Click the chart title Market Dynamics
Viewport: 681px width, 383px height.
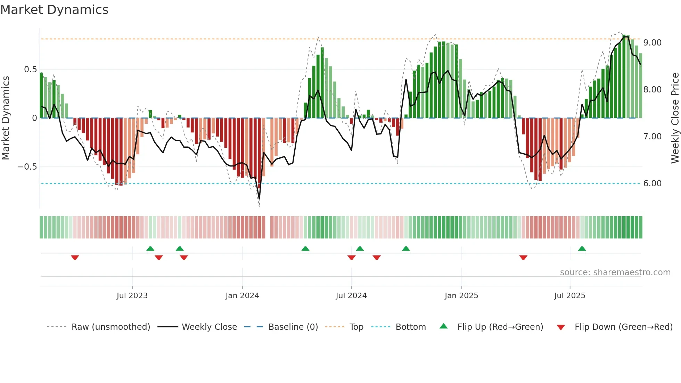(x=54, y=10)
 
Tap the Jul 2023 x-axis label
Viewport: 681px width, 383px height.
(x=132, y=296)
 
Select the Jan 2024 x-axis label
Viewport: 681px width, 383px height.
(x=242, y=296)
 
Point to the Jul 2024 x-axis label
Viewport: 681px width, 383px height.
(x=351, y=296)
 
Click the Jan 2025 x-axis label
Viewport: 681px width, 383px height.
(x=461, y=296)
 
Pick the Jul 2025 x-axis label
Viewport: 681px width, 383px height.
(x=570, y=296)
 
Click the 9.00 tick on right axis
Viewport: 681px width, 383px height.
(x=652, y=43)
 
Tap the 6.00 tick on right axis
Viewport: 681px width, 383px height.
(x=652, y=184)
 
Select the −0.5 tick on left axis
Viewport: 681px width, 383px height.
(x=27, y=167)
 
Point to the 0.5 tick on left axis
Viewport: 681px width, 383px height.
(x=30, y=70)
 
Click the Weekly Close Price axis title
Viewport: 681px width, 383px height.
(x=675, y=118)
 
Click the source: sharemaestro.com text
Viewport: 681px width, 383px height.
(x=615, y=272)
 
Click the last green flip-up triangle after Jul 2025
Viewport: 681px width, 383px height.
(x=582, y=248)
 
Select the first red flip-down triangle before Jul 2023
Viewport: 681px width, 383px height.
(x=75, y=258)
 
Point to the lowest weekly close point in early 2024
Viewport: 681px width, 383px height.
(x=259, y=199)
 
